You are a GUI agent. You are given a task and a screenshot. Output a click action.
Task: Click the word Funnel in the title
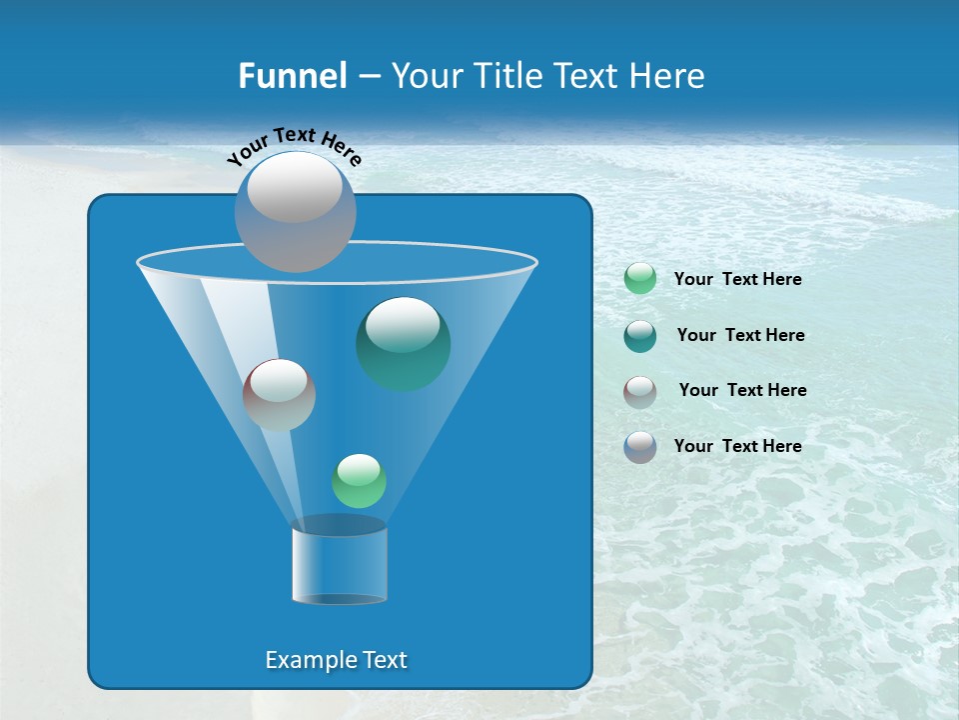pyautogui.click(x=293, y=76)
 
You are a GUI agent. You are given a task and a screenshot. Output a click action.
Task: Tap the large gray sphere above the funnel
pyautogui.click(x=295, y=211)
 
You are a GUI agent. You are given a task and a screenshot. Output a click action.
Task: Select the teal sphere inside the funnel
pyautogui.click(x=403, y=344)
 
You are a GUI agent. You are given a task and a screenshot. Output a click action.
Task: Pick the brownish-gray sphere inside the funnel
pyautogui.click(x=279, y=395)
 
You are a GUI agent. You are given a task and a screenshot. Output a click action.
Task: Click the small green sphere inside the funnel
pyautogui.click(x=359, y=481)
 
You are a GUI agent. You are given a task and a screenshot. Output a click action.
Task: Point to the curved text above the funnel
pyautogui.click(x=294, y=147)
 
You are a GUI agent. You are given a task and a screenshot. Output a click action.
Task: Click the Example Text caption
pyautogui.click(x=337, y=660)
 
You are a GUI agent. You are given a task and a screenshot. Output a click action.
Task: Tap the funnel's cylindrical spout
pyautogui.click(x=339, y=564)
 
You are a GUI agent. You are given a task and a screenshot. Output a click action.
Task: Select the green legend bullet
pyautogui.click(x=639, y=279)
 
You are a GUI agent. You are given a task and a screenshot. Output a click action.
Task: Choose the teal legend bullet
pyautogui.click(x=639, y=335)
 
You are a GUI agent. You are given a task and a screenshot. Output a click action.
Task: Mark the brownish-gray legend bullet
pyautogui.click(x=639, y=391)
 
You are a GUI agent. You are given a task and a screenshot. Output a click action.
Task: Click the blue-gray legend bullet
pyautogui.click(x=639, y=446)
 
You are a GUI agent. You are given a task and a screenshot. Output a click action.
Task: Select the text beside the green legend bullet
pyautogui.click(x=737, y=280)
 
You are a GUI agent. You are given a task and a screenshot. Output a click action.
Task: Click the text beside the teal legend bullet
pyautogui.click(x=740, y=335)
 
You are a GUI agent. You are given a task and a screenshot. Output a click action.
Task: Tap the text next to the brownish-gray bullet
pyautogui.click(x=742, y=390)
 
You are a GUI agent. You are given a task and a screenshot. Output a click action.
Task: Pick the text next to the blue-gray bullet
pyautogui.click(x=737, y=446)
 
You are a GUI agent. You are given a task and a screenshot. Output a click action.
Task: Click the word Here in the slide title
pyautogui.click(x=667, y=76)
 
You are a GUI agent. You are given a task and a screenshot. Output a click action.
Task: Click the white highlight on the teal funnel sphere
pyautogui.click(x=403, y=324)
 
